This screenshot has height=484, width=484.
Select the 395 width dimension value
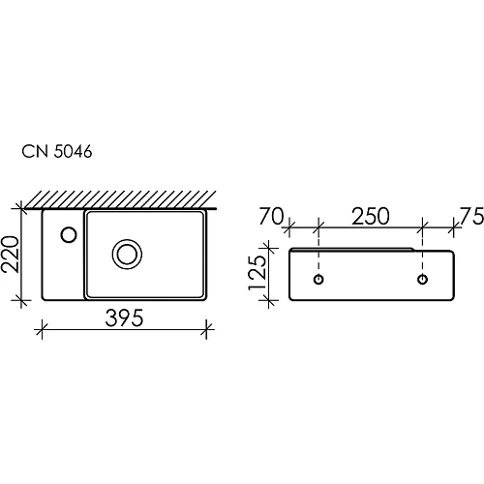(125, 318)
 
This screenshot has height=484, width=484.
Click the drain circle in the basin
(126, 254)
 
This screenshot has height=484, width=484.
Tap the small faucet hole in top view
(69, 233)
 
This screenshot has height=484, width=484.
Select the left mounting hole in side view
(318, 280)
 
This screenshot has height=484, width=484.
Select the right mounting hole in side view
(422, 280)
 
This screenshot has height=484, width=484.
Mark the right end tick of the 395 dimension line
(207, 329)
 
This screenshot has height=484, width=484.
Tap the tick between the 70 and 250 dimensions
(318, 228)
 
